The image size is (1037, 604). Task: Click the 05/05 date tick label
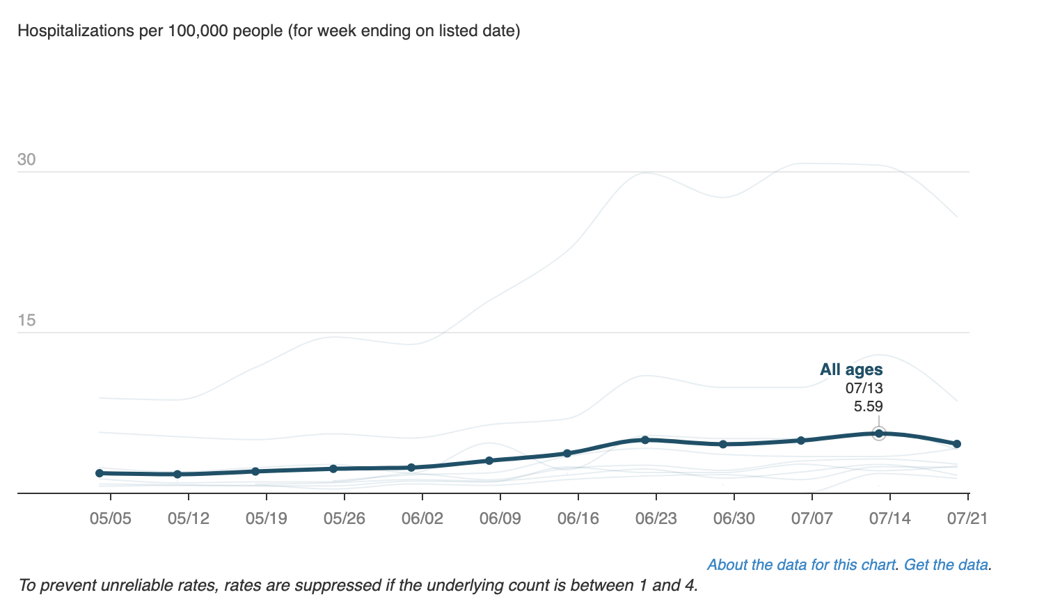pyautogui.click(x=110, y=518)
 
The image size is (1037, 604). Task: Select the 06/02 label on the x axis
pyautogui.click(x=422, y=518)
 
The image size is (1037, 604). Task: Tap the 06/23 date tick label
pyautogui.click(x=656, y=518)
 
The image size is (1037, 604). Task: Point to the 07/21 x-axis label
pyautogui.click(x=967, y=518)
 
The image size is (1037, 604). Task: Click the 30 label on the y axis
pyautogui.click(x=26, y=159)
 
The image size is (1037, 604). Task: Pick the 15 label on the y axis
pyautogui.click(x=26, y=320)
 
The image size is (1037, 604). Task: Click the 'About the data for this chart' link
pyautogui.click(x=800, y=564)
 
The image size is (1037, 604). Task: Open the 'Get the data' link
pyautogui.click(x=945, y=564)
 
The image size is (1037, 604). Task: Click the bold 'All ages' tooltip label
pyautogui.click(x=851, y=369)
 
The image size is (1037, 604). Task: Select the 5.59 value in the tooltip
pyautogui.click(x=868, y=406)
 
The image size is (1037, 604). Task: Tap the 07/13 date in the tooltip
pyautogui.click(x=864, y=388)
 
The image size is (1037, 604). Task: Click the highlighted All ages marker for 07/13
pyautogui.click(x=879, y=434)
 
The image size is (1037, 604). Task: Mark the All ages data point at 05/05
pyautogui.click(x=100, y=473)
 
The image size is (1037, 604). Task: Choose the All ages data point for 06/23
pyautogui.click(x=645, y=440)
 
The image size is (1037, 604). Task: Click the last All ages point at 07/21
pyautogui.click(x=957, y=444)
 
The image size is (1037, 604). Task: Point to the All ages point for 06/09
pyautogui.click(x=489, y=461)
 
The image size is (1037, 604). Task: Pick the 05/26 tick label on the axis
pyautogui.click(x=344, y=518)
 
